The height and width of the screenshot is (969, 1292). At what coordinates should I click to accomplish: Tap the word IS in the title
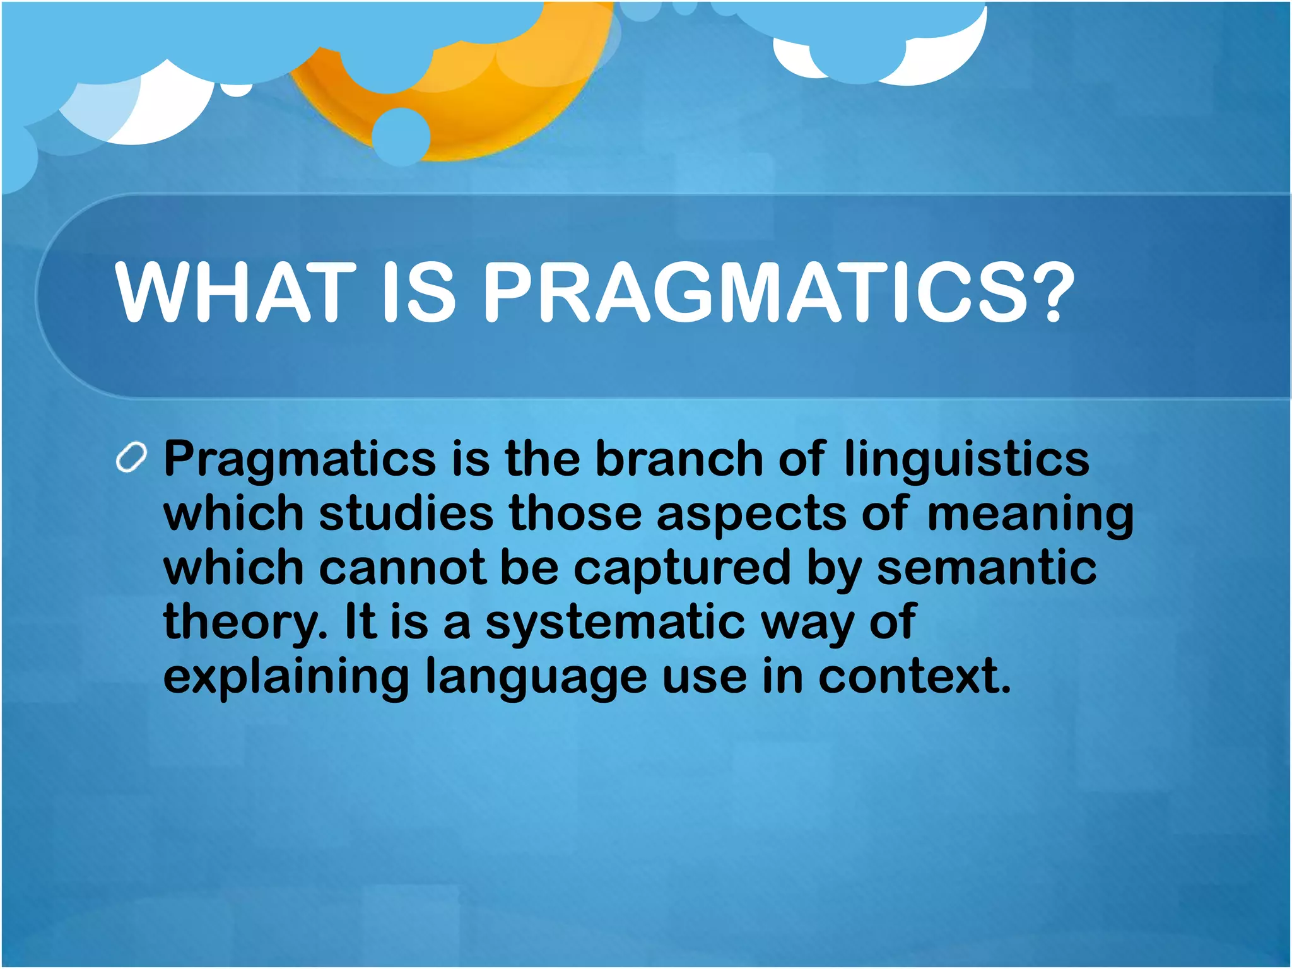pos(418,292)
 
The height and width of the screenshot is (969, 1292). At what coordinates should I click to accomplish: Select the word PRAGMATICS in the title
pos(753,292)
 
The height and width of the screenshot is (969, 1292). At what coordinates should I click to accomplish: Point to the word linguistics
pos(966,459)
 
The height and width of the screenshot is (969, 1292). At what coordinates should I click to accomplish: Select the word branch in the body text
pos(678,459)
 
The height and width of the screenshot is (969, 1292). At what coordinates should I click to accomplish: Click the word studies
pos(406,512)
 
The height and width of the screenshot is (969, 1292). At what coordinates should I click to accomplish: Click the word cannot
pos(402,567)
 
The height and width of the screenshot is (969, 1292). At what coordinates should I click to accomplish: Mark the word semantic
pos(987,567)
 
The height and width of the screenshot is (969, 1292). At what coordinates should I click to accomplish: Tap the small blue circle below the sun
pos(401,136)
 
